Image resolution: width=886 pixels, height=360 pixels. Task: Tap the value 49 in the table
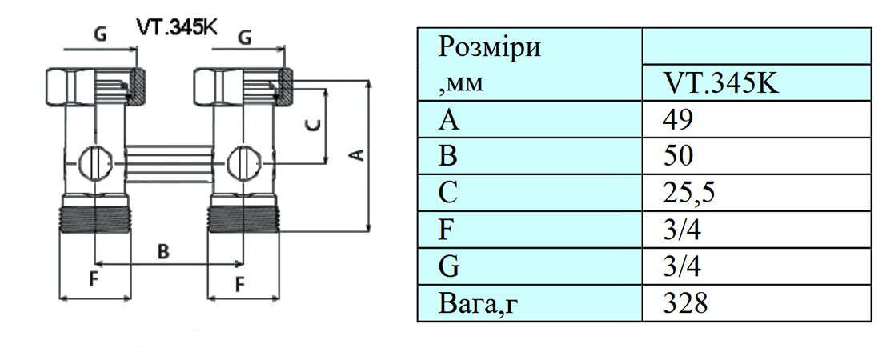point(677,120)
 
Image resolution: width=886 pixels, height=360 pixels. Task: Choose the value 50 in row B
point(678,156)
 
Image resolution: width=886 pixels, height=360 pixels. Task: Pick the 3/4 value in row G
point(681,266)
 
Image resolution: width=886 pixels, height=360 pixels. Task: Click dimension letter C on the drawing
point(315,125)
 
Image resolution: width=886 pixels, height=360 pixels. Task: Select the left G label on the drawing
point(100,35)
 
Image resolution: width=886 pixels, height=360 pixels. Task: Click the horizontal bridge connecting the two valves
point(167,157)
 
